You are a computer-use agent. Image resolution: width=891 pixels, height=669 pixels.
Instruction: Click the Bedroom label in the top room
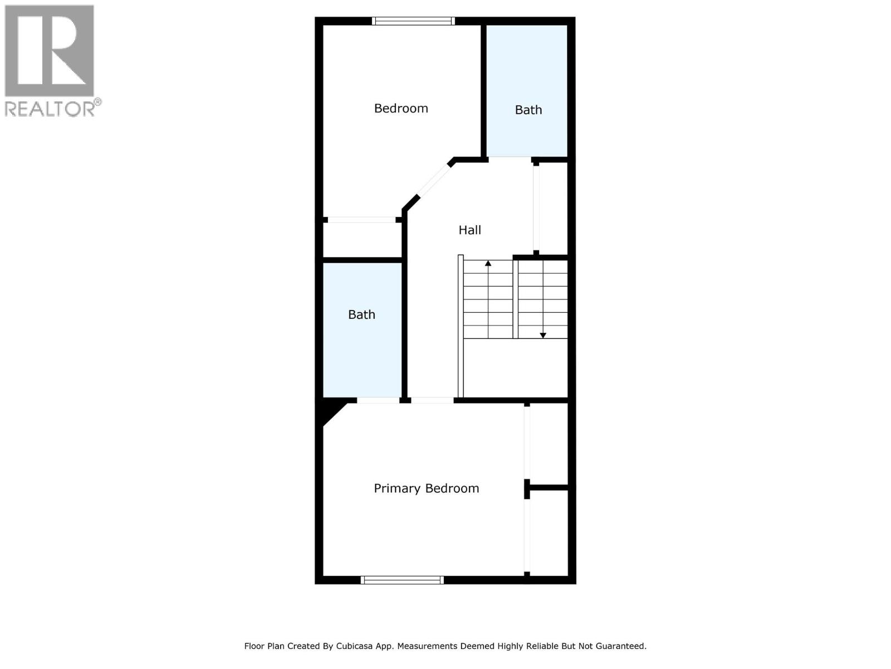[401, 108]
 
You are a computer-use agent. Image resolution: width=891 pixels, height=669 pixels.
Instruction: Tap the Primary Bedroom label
[426, 488]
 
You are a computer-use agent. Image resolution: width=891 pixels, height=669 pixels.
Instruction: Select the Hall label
[469, 230]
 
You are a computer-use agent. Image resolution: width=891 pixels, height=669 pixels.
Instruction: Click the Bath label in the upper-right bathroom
[528, 110]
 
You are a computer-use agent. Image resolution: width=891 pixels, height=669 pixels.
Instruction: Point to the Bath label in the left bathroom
[361, 314]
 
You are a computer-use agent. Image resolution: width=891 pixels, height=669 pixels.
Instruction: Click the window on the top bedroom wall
[413, 21]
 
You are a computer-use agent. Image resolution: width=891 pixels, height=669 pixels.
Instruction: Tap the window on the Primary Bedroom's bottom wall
[402, 580]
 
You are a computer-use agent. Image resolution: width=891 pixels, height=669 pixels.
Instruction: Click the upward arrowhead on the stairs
[488, 263]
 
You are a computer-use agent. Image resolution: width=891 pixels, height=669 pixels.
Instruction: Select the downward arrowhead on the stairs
[543, 335]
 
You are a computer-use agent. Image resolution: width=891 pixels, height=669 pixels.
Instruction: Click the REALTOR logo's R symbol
[49, 51]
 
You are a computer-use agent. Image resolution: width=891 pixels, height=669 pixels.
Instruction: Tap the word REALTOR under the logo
[50, 109]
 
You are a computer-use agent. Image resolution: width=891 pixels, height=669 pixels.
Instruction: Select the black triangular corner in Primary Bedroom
[332, 411]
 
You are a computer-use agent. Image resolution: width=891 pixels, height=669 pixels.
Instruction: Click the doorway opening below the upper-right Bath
[510, 160]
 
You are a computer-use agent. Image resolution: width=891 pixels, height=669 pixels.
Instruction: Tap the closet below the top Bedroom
[363, 240]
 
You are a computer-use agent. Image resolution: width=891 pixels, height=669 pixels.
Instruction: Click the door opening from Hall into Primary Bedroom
[432, 400]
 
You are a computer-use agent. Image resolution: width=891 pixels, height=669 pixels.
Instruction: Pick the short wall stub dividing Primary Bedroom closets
[548, 488]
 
